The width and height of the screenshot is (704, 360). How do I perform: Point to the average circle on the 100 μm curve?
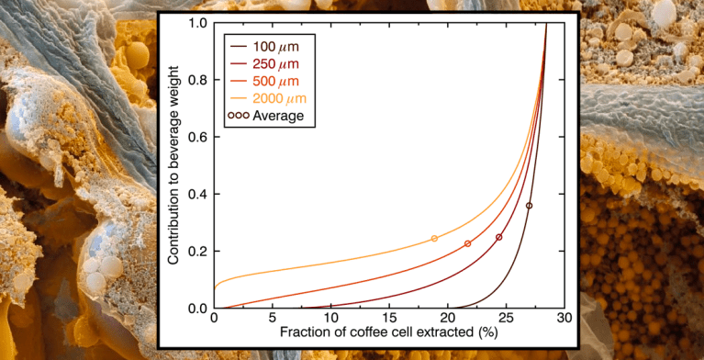tap(529, 206)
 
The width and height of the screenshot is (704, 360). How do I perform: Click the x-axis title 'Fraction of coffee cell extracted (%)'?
tap(390, 332)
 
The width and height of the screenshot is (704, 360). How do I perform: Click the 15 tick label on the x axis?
tap(389, 317)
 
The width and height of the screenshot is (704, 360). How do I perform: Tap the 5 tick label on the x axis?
tap(273, 317)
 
